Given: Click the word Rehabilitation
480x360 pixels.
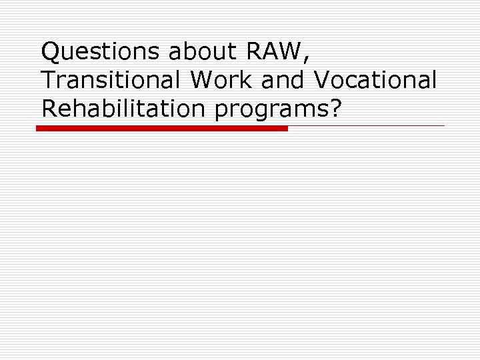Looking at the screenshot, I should pyautogui.click(x=125, y=108).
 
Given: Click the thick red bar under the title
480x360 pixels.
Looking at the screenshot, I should pyautogui.click(x=162, y=128).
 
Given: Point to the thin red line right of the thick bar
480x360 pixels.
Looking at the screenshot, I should pyautogui.click(x=366, y=125).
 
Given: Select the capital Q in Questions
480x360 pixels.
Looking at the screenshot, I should pyautogui.click(x=51, y=51).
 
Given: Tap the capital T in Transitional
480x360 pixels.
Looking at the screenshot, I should pyautogui.click(x=48, y=79).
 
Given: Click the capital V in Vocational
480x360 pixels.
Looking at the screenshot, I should pyautogui.click(x=321, y=79).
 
